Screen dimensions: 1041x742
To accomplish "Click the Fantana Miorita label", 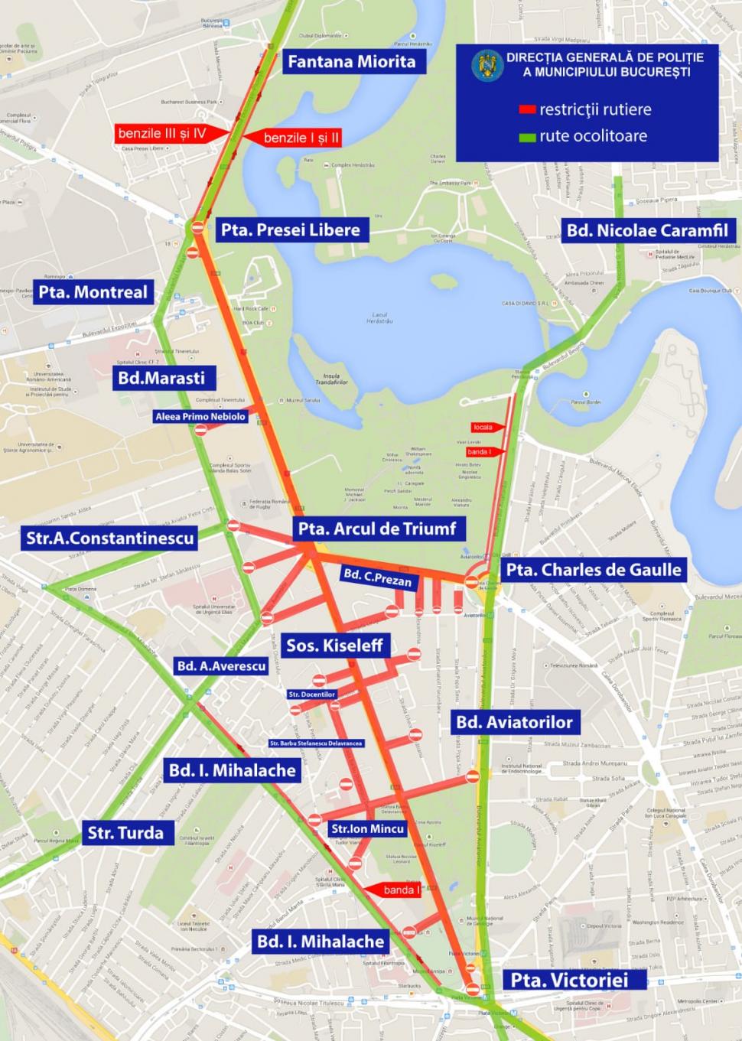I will click(351, 62).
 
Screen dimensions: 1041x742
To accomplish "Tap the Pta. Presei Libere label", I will click(290, 229).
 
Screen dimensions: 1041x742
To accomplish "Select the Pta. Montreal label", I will click(93, 292).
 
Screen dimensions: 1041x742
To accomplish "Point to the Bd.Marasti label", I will click(161, 377).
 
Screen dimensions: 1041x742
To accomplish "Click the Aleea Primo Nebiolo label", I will click(200, 417).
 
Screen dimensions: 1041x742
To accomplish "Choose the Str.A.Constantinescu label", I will click(109, 538).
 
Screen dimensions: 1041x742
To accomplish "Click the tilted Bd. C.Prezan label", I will click(377, 577).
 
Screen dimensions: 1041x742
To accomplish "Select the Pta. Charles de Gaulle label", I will click(593, 570).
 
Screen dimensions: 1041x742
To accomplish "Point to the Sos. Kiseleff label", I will click(334, 646).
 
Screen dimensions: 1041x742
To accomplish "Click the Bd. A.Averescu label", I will click(221, 666).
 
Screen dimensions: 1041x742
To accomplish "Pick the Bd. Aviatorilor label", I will click(514, 722).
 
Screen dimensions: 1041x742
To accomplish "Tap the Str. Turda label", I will click(125, 833).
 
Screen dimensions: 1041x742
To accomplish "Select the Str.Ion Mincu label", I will click(367, 828).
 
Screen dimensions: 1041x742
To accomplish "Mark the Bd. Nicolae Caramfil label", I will click(647, 230).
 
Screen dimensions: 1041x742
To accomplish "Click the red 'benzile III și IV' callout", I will click(162, 134).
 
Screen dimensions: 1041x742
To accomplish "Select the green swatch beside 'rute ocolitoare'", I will click(526, 138).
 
